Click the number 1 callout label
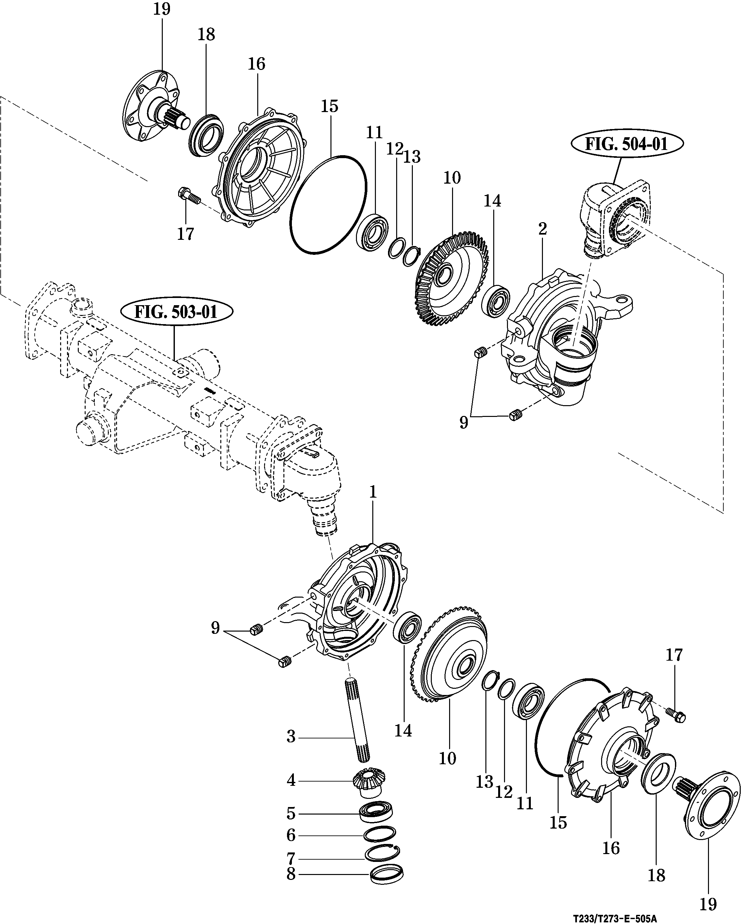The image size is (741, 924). (373, 492)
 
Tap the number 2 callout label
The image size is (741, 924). (543, 229)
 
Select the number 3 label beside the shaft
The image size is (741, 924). (291, 737)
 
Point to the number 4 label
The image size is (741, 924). (291, 780)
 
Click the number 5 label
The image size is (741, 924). (291, 813)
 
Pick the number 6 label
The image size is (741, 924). (291, 835)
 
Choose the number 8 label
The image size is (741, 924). (291, 874)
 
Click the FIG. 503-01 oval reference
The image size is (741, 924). (176, 312)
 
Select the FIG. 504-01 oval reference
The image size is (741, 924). (627, 144)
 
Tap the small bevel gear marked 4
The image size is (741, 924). (369, 782)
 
